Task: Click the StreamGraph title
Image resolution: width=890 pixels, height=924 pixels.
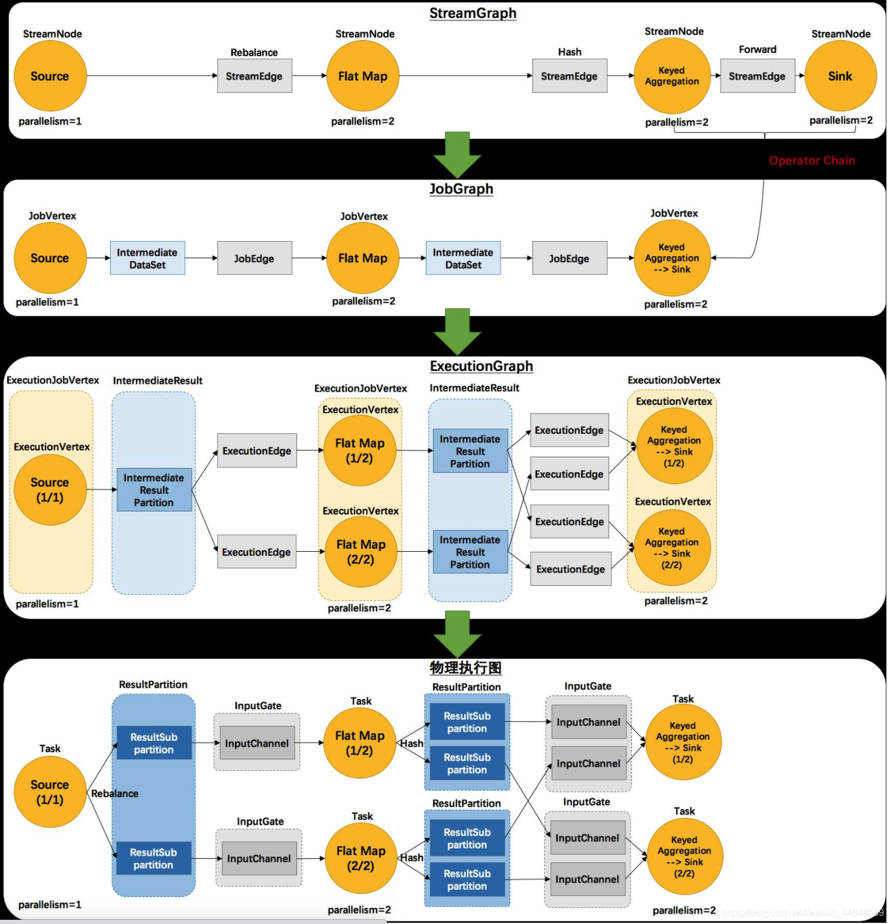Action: tap(473, 13)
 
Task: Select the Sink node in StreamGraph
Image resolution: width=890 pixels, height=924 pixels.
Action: tap(840, 76)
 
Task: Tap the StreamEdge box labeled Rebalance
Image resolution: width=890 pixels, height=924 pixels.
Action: tap(255, 76)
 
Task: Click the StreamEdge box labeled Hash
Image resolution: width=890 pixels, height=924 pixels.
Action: tap(569, 76)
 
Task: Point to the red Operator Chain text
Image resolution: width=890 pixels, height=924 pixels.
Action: tap(812, 160)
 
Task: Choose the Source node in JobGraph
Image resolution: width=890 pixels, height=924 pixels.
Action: tap(50, 258)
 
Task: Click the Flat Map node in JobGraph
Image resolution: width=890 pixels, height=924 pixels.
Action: tap(362, 258)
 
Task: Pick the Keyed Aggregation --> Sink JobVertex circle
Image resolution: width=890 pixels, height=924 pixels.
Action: tap(671, 258)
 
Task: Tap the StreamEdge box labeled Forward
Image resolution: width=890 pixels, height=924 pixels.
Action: tap(757, 76)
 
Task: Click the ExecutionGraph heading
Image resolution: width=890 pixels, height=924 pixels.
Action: tap(481, 366)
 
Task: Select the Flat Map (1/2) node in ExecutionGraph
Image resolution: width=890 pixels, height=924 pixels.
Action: tap(359, 451)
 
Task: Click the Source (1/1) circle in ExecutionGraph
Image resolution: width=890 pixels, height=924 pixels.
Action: tap(50, 490)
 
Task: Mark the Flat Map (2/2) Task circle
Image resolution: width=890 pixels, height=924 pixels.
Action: tap(361, 858)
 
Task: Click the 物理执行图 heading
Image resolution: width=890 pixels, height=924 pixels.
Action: tap(465, 668)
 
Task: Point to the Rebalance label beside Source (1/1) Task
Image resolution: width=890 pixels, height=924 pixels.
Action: tap(114, 794)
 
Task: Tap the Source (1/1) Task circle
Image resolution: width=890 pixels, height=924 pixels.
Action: tap(50, 792)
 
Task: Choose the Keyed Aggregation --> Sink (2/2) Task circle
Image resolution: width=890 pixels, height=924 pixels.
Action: tap(684, 856)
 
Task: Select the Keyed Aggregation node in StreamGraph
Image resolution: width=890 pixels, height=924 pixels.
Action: tap(671, 76)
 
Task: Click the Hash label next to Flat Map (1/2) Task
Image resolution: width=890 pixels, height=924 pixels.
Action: tap(411, 743)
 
